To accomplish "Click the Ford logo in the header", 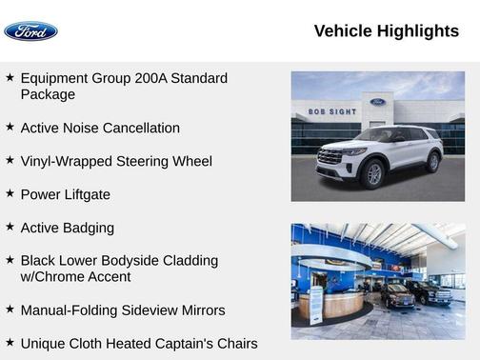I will tap(30, 31).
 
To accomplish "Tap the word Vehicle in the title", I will tap(343, 31).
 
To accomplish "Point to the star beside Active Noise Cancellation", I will tap(10, 127).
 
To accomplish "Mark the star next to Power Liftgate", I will tap(10, 193).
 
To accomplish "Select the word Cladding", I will tap(187, 260).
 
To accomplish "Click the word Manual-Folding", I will tap(71, 310).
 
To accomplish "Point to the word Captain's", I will tap(189, 343).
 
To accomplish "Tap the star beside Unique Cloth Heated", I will tap(10, 342).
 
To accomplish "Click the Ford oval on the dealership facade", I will tap(377, 102).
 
